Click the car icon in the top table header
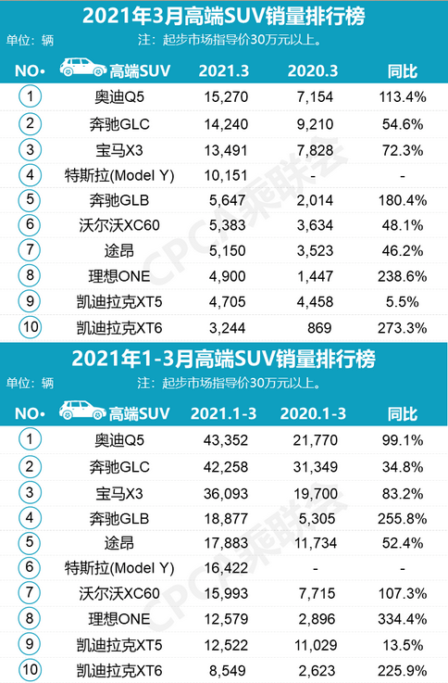coord(82,69)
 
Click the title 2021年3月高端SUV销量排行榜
coord(223,16)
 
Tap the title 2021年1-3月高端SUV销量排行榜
coord(223,358)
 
